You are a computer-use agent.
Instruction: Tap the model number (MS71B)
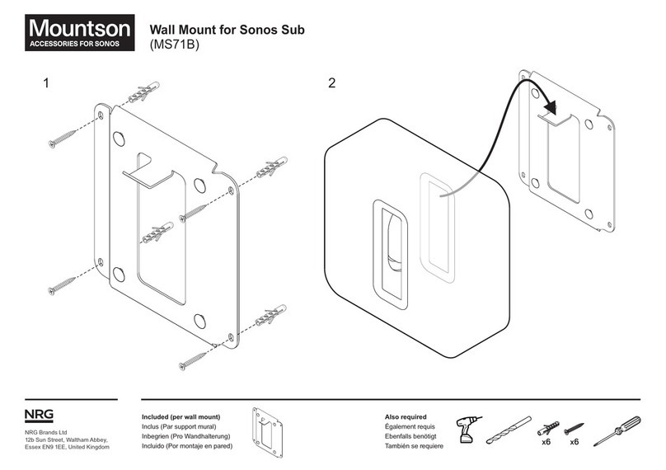click(176, 46)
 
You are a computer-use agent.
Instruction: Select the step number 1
click(47, 83)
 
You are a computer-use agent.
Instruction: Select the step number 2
click(331, 83)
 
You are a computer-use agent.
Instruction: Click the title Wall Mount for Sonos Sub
click(226, 31)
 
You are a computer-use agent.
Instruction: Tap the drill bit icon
click(509, 431)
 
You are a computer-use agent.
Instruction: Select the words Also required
click(406, 417)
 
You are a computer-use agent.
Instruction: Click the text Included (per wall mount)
click(181, 417)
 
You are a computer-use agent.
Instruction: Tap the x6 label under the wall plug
click(546, 443)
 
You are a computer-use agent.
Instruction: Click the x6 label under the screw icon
click(575, 443)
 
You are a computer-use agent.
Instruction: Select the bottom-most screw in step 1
click(195, 356)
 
